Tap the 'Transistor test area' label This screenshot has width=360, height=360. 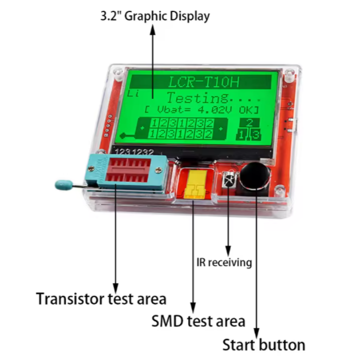point(100,299)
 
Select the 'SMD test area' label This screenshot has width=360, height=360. point(198,320)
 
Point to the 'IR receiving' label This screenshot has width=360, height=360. point(223,262)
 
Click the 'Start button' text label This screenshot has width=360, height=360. point(263,344)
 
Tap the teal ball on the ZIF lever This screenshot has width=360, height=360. point(60,184)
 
